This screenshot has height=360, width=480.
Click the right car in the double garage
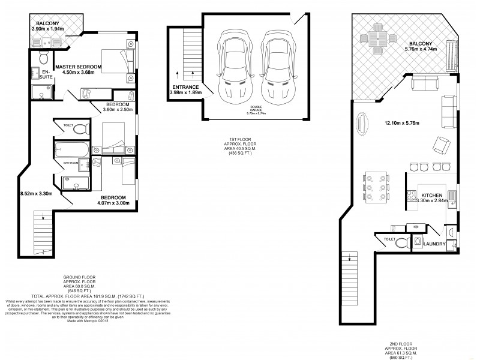277,66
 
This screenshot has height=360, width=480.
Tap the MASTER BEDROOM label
79,66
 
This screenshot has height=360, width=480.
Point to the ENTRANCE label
185,87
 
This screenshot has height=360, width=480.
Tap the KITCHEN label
432,196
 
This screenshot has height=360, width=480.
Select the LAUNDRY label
434,244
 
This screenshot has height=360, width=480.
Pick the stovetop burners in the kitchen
412,195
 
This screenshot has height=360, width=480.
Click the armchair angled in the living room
441,145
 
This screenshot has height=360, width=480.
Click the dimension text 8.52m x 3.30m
37,193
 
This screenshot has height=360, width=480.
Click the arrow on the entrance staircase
178,75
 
